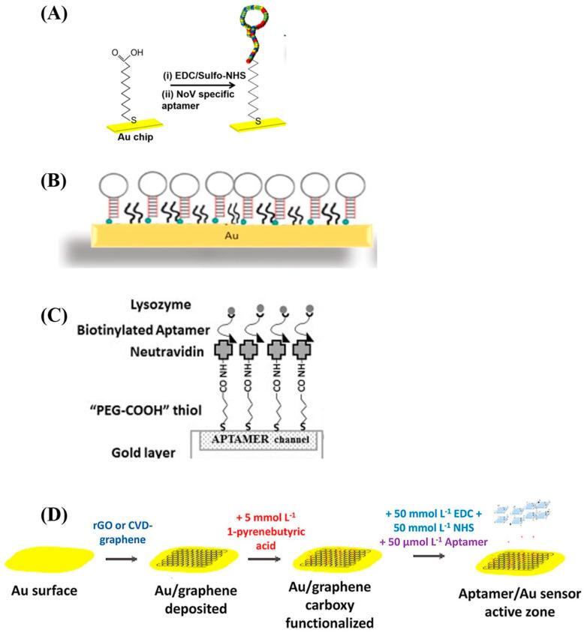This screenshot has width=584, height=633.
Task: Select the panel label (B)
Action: (63, 183)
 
